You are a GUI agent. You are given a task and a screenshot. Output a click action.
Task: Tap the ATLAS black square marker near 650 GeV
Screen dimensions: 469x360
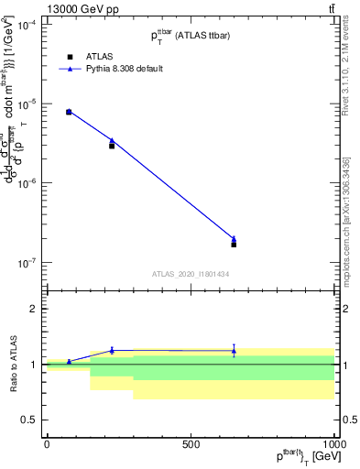coord(234,245)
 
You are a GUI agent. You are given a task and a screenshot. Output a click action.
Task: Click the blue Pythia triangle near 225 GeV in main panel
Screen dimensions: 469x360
coord(112,140)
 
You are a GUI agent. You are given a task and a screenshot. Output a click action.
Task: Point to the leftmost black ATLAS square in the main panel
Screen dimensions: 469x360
coord(69,112)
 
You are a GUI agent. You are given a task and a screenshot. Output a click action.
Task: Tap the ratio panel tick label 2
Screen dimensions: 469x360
coord(31,310)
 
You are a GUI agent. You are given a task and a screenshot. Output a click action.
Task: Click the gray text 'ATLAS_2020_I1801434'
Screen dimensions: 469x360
coord(190,274)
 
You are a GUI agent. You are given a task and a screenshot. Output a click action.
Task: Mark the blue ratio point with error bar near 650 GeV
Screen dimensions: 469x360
coord(234,350)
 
